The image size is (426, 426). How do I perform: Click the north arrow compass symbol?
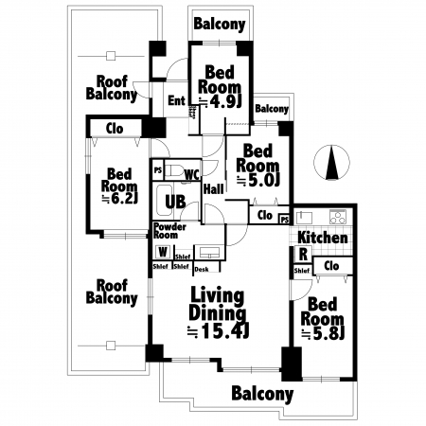point(331,163)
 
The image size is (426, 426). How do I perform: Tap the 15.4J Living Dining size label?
point(219,331)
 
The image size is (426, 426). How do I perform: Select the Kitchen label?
point(323,238)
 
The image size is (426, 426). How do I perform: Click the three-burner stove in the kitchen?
point(338,217)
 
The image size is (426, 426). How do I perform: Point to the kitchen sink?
point(304,218)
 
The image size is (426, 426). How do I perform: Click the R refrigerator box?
point(303,254)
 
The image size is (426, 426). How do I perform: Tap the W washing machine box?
point(163,252)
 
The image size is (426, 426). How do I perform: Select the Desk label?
point(202,269)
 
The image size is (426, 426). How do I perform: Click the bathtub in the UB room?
point(165,200)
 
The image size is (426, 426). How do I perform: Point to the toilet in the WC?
point(174,171)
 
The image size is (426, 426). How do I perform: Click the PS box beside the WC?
point(158,170)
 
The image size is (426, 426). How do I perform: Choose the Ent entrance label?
point(176,100)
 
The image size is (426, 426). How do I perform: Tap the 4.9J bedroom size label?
point(221,101)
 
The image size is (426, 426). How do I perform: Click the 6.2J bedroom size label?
point(119,199)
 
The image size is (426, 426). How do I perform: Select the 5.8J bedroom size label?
point(323,333)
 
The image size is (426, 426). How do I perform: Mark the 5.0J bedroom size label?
point(257,180)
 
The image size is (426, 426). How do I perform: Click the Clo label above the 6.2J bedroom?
point(115,129)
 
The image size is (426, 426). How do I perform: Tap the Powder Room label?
point(169,231)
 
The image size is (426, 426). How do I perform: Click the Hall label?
point(214,189)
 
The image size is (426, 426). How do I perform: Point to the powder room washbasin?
point(209,252)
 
